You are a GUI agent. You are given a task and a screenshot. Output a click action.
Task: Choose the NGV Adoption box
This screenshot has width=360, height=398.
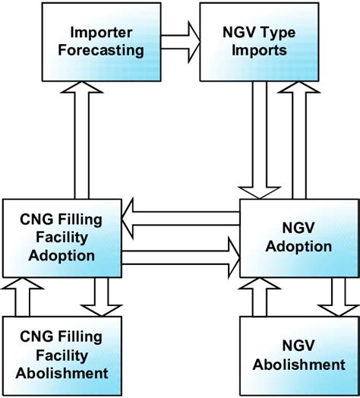298,237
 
